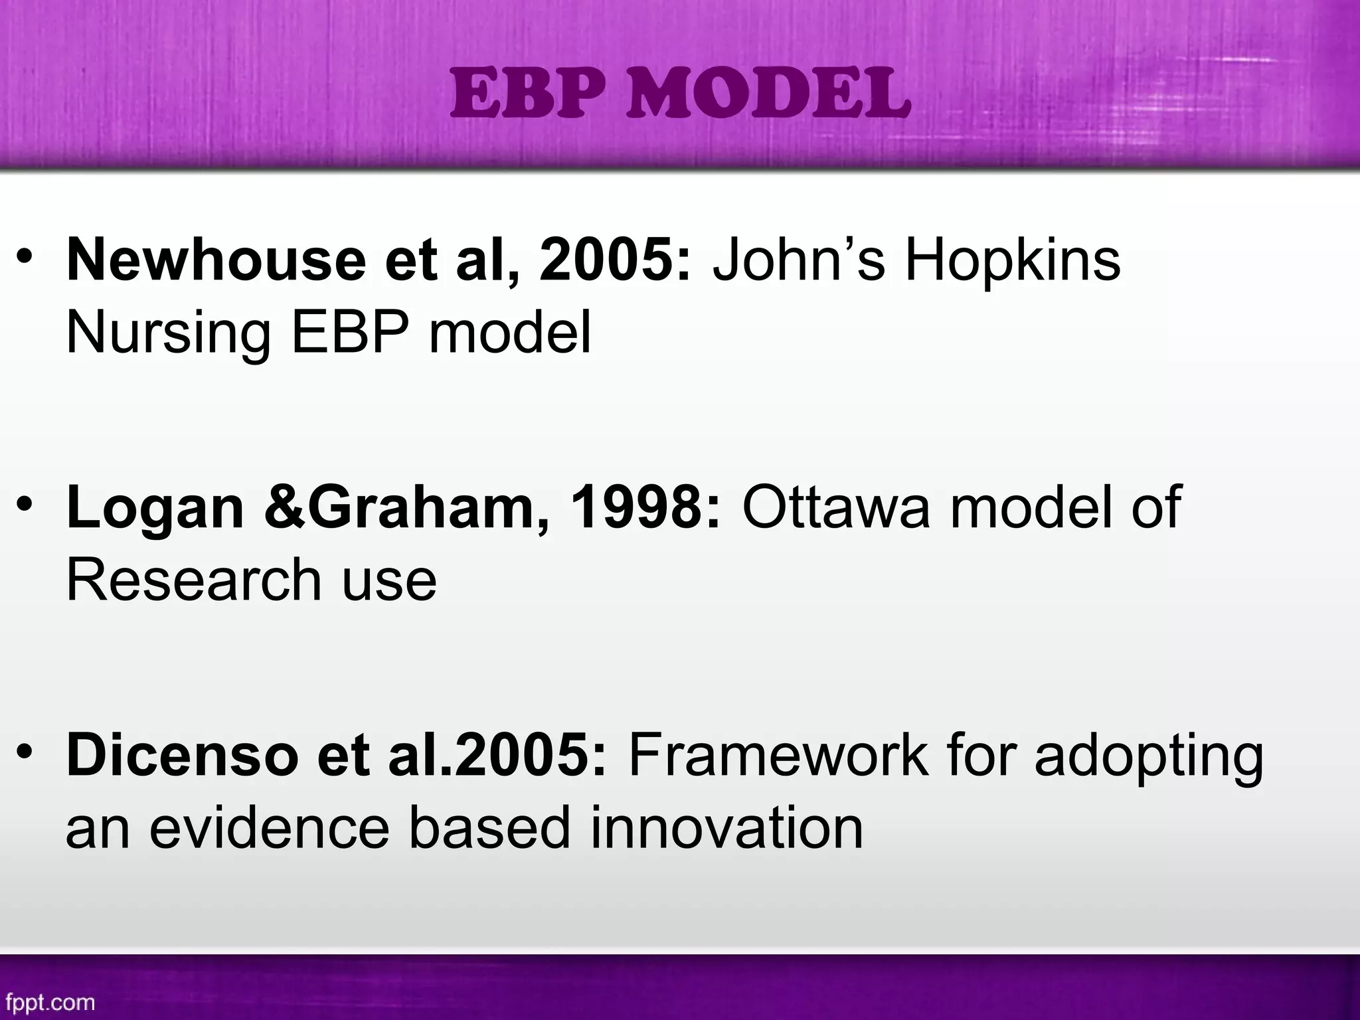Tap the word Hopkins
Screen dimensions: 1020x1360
(1013, 260)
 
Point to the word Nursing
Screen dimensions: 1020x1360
(169, 334)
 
